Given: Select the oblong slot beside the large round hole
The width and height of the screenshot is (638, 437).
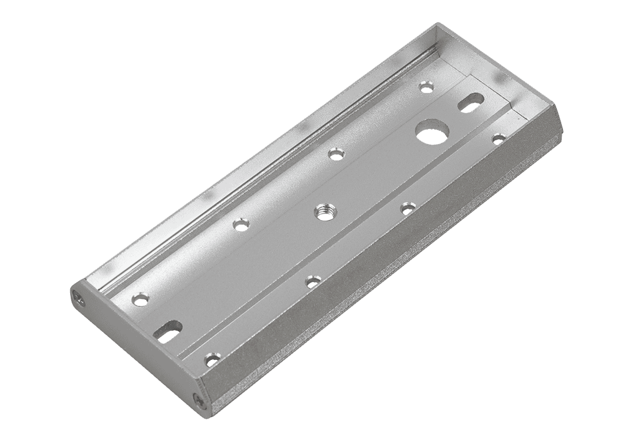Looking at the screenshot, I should coord(471,103).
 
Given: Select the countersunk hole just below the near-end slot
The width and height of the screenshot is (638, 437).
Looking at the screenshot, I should coord(212,358).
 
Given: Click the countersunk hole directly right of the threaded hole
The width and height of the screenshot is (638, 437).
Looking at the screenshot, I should coord(407,207).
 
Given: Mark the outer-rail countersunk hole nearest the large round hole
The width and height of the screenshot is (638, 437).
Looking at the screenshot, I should coord(497,139).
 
